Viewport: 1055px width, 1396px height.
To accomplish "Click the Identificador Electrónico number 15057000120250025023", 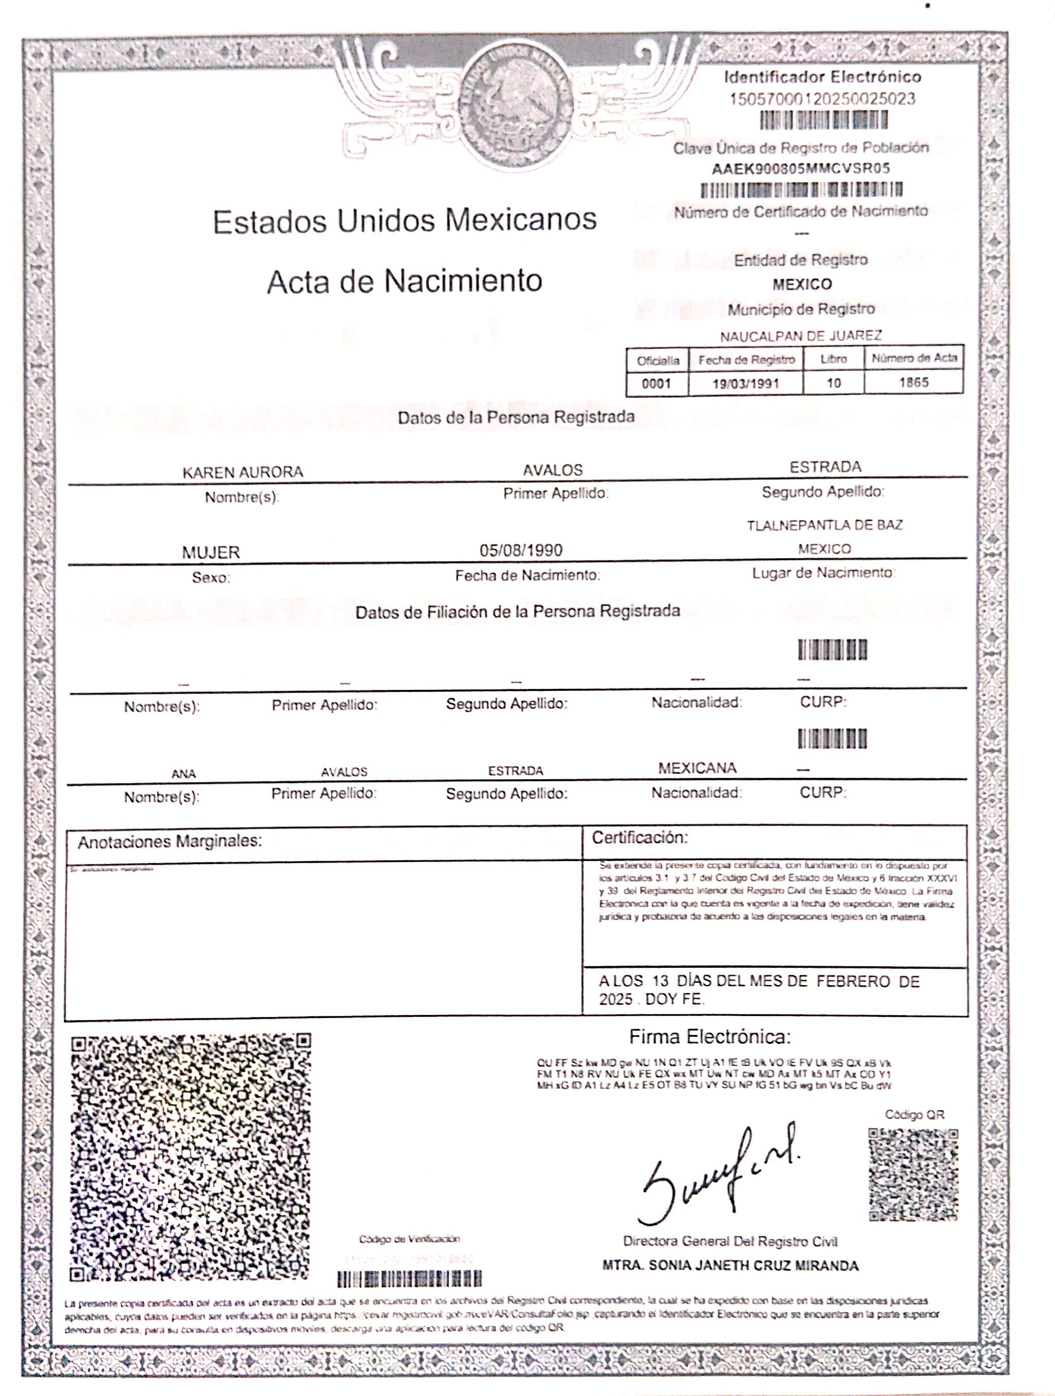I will pyautogui.click(x=822, y=99).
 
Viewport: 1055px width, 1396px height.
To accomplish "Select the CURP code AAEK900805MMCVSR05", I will pyautogui.click(x=800, y=169).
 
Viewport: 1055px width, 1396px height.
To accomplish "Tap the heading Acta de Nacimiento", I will pyautogui.click(x=404, y=280).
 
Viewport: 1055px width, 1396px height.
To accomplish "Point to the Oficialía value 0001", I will pyautogui.click(x=656, y=383).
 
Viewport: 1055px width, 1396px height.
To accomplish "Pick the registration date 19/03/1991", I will pyautogui.click(x=745, y=383).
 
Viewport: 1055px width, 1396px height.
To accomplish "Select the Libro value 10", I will pyautogui.click(x=833, y=383).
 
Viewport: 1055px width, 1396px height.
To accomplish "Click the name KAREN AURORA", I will pyautogui.click(x=242, y=472).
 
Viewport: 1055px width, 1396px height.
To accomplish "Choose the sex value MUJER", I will pyautogui.click(x=211, y=552).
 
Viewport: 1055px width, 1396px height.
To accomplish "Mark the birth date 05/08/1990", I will pyautogui.click(x=520, y=550).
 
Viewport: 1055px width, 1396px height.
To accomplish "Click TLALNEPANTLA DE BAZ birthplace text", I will pyautogui.click(x=824, y=525).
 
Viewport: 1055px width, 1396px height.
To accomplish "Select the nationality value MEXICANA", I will pyautogui.click(x=697, y=768).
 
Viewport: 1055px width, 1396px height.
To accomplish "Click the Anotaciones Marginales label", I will pyautogui.click(x=169, y=841).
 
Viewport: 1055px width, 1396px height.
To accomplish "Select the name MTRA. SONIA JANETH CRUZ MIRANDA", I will pyautogui.click(x=730, y=1265).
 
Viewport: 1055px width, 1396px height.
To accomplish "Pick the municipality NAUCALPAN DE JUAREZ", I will pyautogui.click(x=800, y=336).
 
